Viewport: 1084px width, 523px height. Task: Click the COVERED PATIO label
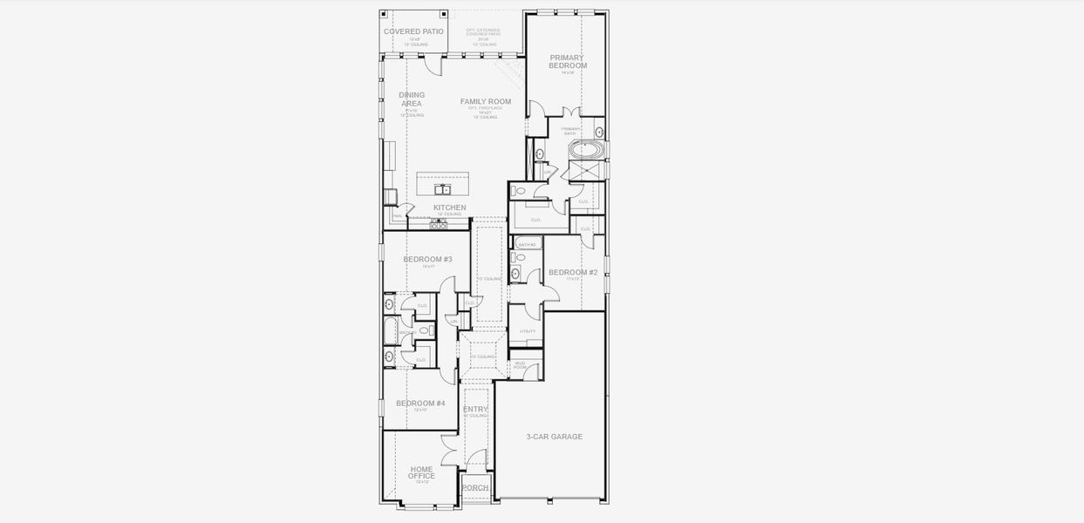413,31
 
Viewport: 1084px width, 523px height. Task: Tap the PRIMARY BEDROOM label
568,61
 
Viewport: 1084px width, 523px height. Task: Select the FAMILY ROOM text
486,102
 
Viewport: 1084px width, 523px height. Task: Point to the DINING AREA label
412,99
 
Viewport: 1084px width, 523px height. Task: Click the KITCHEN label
450,207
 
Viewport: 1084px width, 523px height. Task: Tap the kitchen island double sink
442,189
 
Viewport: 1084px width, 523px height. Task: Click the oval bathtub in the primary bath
585,150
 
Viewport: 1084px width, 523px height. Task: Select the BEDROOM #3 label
427,259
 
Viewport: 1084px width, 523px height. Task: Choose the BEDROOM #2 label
573,273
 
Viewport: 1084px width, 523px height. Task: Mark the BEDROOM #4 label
420,404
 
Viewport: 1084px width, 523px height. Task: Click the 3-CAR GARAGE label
554,437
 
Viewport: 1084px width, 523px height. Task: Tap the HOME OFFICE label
421,472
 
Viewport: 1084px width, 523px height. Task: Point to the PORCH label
475,488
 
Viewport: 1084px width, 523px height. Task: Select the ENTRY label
475,409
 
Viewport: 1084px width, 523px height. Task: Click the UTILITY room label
528,331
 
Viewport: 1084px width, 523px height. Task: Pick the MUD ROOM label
520,364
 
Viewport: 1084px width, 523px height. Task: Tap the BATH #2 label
526,245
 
